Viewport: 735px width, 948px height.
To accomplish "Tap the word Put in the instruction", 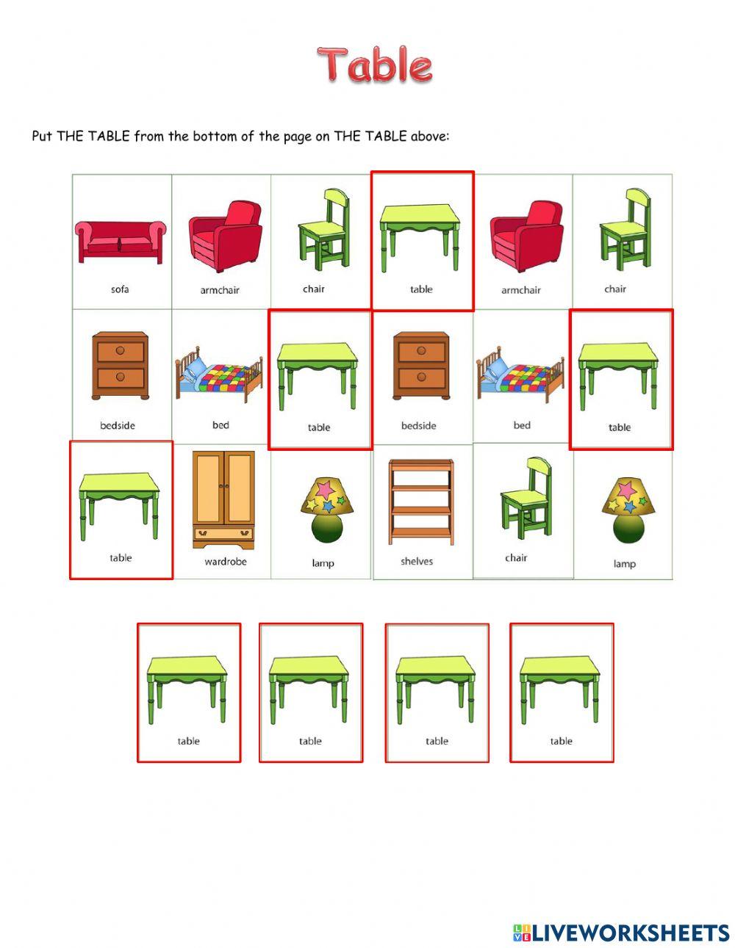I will pos(42,136).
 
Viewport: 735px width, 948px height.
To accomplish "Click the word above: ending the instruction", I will pos(429,136).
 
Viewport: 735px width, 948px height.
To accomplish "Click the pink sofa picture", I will pos(121,240).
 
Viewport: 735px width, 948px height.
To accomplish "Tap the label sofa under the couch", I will pos(121,289).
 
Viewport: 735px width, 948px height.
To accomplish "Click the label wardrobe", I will pos(226,562).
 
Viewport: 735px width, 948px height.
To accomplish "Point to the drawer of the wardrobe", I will pos(223,534).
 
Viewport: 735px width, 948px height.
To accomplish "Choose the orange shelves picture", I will pos(421,502).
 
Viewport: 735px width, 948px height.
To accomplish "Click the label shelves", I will pos(417,562).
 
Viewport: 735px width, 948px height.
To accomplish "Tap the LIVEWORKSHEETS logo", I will pos(621,933).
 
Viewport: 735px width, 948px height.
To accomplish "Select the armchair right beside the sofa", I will pos(225,235).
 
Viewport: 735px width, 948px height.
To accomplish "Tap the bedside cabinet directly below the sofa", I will pos(119,366).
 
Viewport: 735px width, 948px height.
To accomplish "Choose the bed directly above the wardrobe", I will pos(219,375).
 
